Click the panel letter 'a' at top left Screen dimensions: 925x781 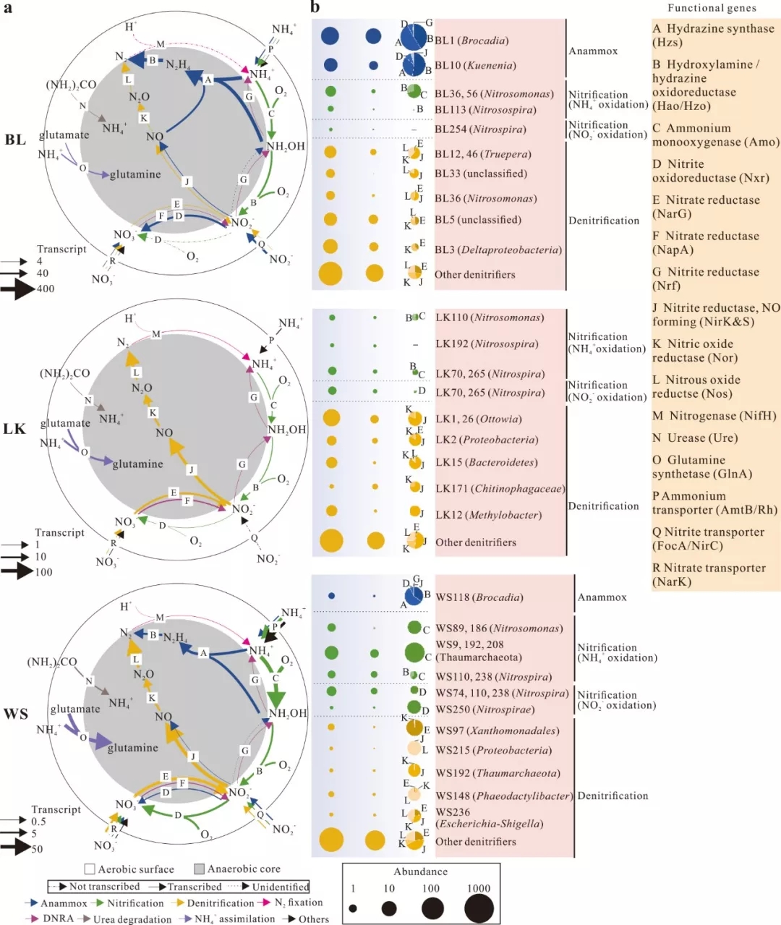coord(7,8)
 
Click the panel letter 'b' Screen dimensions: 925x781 coord(315,8)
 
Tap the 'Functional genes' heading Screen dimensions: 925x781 coord(712,8)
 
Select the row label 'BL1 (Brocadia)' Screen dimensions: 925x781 coord(471,41)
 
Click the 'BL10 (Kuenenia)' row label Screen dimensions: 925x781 coord(475,65)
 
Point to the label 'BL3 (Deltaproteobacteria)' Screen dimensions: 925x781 coord(498,250)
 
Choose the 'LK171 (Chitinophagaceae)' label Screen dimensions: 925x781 coord(500,489)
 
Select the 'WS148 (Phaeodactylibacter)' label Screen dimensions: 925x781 coord(503,796)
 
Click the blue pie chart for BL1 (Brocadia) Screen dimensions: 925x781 coord(413,38)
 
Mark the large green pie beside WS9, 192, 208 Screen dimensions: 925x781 coord(414,652)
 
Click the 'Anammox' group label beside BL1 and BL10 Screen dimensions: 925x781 coord(593,51)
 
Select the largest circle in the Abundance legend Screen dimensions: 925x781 coord(479,908)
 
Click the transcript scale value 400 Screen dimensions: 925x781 coord(46,289)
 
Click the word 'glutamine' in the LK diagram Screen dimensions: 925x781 coord(138,464)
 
